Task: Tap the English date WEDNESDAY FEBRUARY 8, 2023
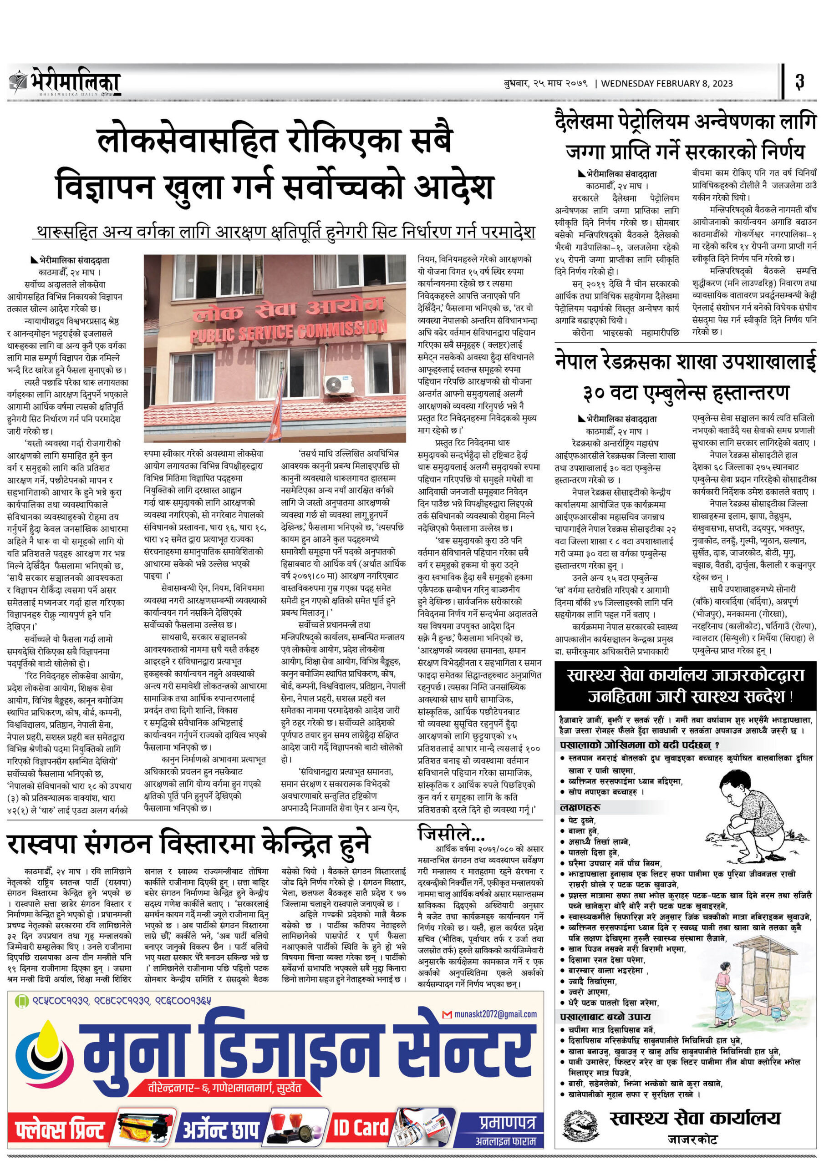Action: (666, 84)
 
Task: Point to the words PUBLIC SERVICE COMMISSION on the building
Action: (288, 330)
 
